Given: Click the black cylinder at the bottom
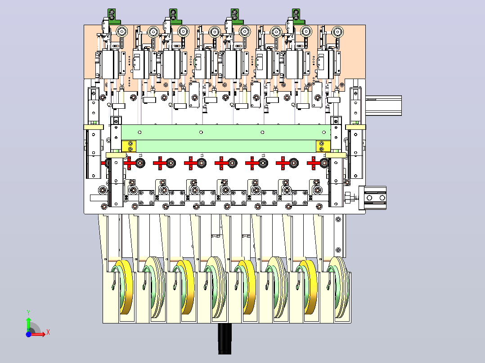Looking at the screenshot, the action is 225,339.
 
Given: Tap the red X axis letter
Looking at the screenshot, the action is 48,332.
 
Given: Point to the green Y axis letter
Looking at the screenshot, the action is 28,312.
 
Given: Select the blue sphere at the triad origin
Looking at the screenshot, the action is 28,335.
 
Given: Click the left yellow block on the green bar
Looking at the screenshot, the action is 129,146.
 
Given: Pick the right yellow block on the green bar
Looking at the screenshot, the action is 323,146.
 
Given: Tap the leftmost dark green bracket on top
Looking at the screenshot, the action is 113,16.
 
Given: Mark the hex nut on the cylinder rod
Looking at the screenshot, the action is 348,197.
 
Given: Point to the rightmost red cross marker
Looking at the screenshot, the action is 313,163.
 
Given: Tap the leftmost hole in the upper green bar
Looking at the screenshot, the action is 139,132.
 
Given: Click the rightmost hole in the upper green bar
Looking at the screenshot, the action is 324,132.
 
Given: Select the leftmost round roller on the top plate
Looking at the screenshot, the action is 122,31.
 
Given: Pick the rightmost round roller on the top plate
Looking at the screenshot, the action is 337,31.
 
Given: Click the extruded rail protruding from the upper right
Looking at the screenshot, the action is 383,106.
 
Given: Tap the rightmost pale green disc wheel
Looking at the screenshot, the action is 339,288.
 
